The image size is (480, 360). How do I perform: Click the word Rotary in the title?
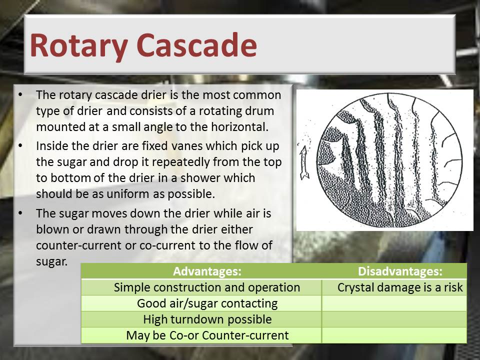(x=79, y=45)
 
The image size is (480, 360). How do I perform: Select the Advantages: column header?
(x=207, y=271)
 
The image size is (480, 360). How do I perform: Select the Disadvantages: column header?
(x=400, y=271)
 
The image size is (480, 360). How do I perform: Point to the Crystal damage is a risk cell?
(x=394, y=287)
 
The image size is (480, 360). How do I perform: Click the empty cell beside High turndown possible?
(x=394, y=319)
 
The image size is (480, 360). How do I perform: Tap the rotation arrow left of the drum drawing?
(x=303, y=162)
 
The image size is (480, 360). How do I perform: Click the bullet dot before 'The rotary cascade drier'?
(x=20, y=94)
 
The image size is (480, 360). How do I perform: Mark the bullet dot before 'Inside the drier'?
(x=20, y=145)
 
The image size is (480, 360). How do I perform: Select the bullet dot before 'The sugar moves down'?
(x=20, y=213)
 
